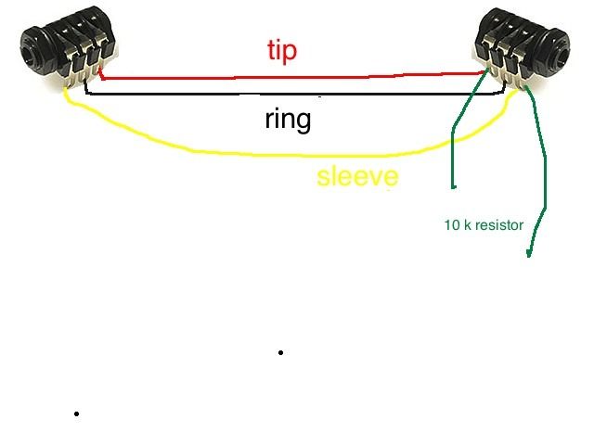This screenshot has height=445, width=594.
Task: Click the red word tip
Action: pos(282,50)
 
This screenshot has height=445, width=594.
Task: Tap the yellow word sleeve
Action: pos(357,176)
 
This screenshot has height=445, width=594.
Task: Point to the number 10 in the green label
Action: pos(452,224)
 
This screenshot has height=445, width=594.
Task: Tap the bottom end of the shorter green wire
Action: pos(453,187)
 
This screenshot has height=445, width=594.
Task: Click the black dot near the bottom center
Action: pos(280,352)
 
